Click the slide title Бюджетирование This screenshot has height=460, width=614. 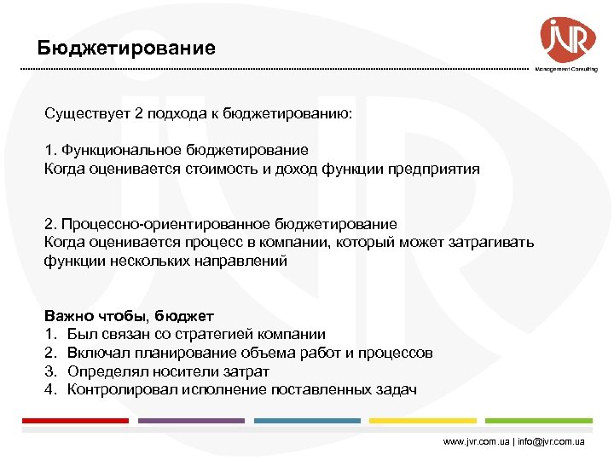pyautogui.click(x=126, y=48)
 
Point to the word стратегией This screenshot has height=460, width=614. pyautogui.click(x=204, y=334)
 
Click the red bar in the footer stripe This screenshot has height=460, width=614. pyautogui.click(x=75, y=421)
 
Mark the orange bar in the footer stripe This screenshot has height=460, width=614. pyautogui.click(x=422, y=421)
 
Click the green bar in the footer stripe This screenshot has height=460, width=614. pyautogui.click(x=538, y=421)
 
